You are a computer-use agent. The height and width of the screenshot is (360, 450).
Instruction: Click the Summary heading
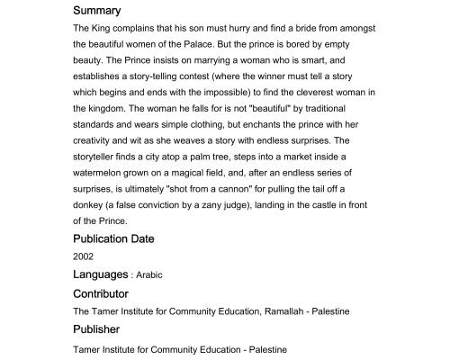tap(96, 11)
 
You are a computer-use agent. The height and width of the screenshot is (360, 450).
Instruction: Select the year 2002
tap(84, 256)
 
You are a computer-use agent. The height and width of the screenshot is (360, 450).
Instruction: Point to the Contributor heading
tap(101, 293)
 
